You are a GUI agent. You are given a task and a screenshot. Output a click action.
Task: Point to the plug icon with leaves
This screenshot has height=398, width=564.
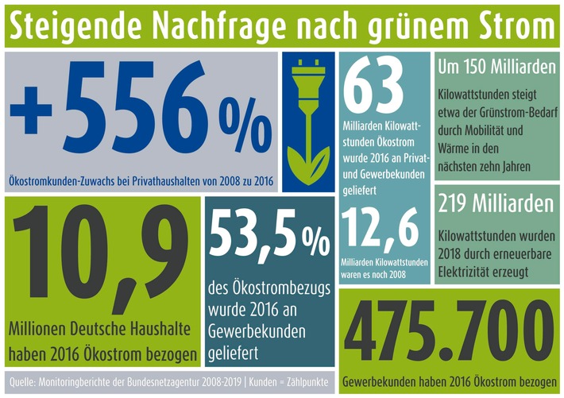tap(309, 120)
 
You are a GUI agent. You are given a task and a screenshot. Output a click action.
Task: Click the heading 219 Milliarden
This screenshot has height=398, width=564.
tap(495, 204)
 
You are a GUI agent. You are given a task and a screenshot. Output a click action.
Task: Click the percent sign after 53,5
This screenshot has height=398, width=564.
tap(319, 238)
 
